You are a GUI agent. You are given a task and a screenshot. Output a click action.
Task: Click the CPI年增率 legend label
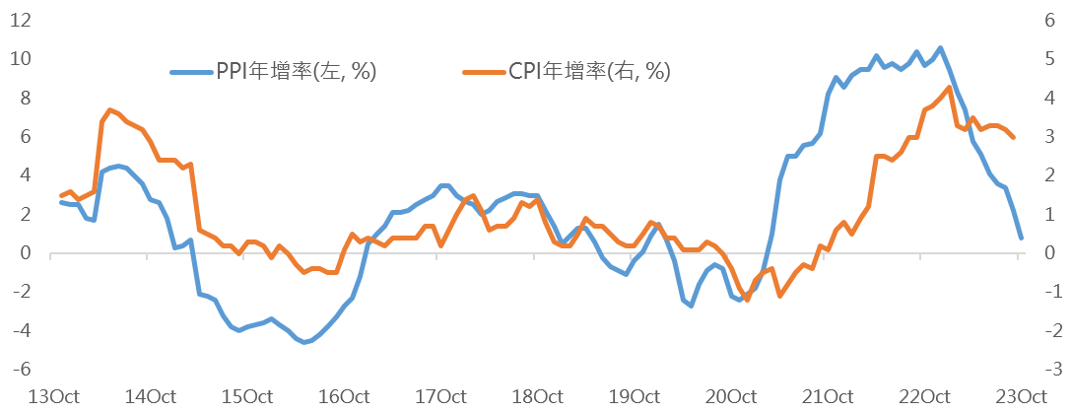tap(589, 71)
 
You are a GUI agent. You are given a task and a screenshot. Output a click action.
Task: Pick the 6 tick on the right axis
tap(1053, 20)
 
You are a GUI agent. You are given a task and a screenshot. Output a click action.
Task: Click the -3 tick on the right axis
tap(1053, 369)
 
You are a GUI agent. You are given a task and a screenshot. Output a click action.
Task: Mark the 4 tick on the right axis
tap(1053, 98)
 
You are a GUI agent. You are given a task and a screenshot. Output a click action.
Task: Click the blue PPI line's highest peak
tap(940, 47)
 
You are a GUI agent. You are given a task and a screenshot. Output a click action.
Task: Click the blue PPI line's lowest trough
tap(305, 342)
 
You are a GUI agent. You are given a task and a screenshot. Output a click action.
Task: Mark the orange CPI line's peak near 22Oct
tap(949, 87)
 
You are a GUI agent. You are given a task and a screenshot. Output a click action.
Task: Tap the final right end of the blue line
tap(1021, 239)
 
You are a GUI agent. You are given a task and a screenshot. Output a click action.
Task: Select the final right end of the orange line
tap(1015, 138)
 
